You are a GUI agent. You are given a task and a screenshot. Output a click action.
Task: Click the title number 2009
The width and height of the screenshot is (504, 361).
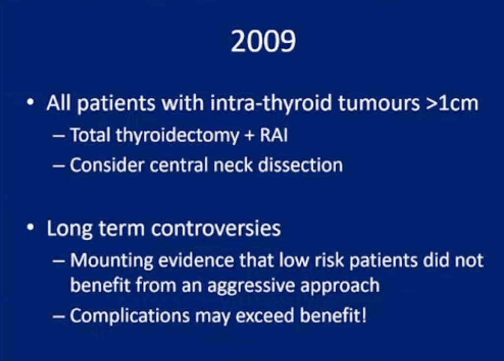[263, 41]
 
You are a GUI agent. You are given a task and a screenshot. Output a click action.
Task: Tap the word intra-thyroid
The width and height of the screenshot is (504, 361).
[271, 103]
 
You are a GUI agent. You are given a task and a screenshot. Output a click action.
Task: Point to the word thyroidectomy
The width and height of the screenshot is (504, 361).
[177, 135]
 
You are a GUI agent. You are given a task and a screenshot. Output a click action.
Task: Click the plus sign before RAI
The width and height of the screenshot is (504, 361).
[250, 135]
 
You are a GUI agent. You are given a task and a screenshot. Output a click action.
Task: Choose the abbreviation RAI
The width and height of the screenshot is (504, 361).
[274, 135]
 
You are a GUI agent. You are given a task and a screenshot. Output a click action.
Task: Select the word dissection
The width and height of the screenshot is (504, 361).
[301, 165]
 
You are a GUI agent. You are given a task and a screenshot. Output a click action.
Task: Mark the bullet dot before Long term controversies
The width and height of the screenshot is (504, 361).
[31, 228]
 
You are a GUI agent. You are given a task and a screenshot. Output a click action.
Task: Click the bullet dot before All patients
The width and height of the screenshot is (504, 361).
[31, 102]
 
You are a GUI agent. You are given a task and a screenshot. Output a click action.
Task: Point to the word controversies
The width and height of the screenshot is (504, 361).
[216, 229]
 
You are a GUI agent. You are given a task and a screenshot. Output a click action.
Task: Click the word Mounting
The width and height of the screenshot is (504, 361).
[112, 261]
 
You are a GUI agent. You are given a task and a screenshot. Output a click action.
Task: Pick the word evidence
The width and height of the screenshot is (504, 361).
[196, 260]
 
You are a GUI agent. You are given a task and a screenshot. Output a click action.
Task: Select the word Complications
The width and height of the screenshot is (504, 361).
[130, 316]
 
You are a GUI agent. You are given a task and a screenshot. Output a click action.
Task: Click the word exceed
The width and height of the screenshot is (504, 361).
[265, 316]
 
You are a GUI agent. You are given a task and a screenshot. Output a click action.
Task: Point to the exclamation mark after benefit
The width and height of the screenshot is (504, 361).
[364, 315]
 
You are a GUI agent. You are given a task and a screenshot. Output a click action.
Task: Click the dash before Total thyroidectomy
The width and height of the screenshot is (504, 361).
[59, 136]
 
